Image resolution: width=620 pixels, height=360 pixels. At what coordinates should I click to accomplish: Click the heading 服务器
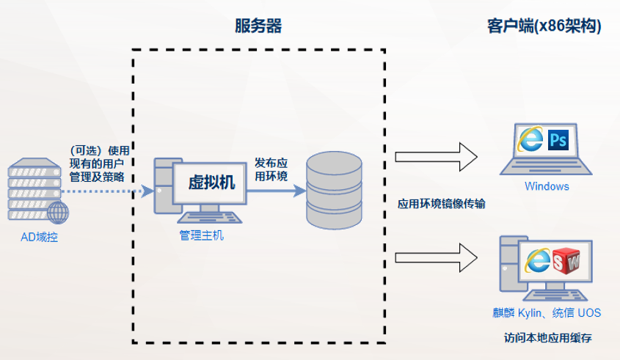258,26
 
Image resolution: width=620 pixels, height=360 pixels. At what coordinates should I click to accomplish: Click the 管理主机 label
202,235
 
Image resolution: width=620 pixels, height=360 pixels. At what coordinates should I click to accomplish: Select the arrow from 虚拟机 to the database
276,191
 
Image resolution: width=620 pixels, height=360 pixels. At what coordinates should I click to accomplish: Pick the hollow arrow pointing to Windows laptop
436,155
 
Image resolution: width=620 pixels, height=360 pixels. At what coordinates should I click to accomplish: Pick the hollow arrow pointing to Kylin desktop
436,257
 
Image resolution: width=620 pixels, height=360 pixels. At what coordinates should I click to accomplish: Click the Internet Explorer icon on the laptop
530,139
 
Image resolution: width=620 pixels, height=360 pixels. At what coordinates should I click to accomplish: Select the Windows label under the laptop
547,186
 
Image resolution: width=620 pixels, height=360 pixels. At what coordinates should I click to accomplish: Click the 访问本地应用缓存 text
547,339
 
